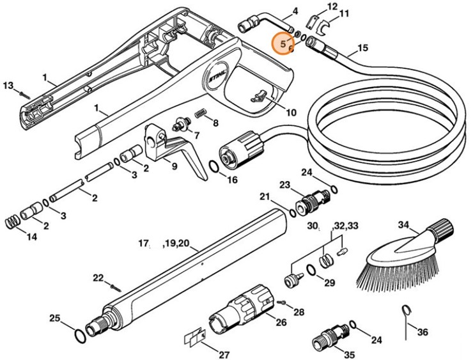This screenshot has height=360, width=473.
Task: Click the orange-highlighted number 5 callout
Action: [x=283, y=44]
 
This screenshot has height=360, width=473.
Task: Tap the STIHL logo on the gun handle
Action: [x=218, y=79]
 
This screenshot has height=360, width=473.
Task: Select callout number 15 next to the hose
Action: [x=362, y=48]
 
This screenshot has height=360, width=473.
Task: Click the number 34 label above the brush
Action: [x=403, y=224]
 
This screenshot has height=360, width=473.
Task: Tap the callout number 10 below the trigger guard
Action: [x=291, y=113]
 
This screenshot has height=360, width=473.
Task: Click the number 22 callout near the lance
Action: [x=98, y=277]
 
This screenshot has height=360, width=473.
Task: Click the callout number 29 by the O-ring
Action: [x=330, y=282]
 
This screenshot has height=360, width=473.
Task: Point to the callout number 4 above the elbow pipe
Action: [x=295, y=12]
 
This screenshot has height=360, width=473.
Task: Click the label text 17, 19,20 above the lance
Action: [x=165, y=243]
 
